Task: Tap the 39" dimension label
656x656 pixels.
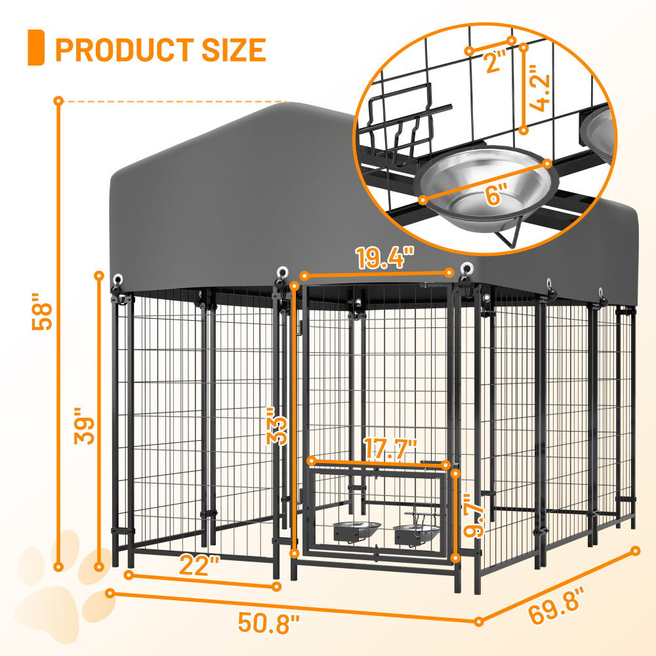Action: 86,427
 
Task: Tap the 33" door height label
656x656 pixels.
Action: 277,429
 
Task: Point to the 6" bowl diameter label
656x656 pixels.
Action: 497,195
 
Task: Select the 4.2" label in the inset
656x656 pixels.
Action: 539,88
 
